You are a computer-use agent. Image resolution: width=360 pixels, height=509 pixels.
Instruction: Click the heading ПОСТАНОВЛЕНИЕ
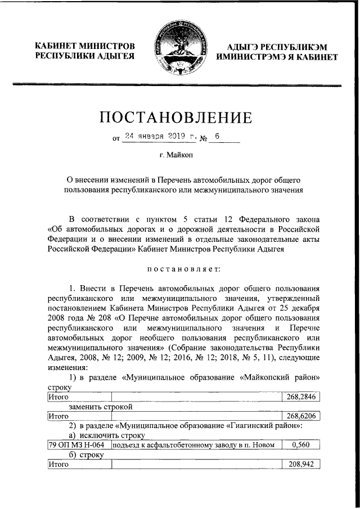pos(180,118)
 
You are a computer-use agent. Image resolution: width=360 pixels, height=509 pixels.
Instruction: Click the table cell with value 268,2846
pos(300,397)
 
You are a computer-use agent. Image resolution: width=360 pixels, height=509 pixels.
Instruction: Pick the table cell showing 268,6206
pos(300,417)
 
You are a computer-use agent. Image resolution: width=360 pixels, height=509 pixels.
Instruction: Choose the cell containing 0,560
pos(300,445)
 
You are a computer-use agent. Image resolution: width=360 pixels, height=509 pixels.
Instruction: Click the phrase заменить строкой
pos(101,407)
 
